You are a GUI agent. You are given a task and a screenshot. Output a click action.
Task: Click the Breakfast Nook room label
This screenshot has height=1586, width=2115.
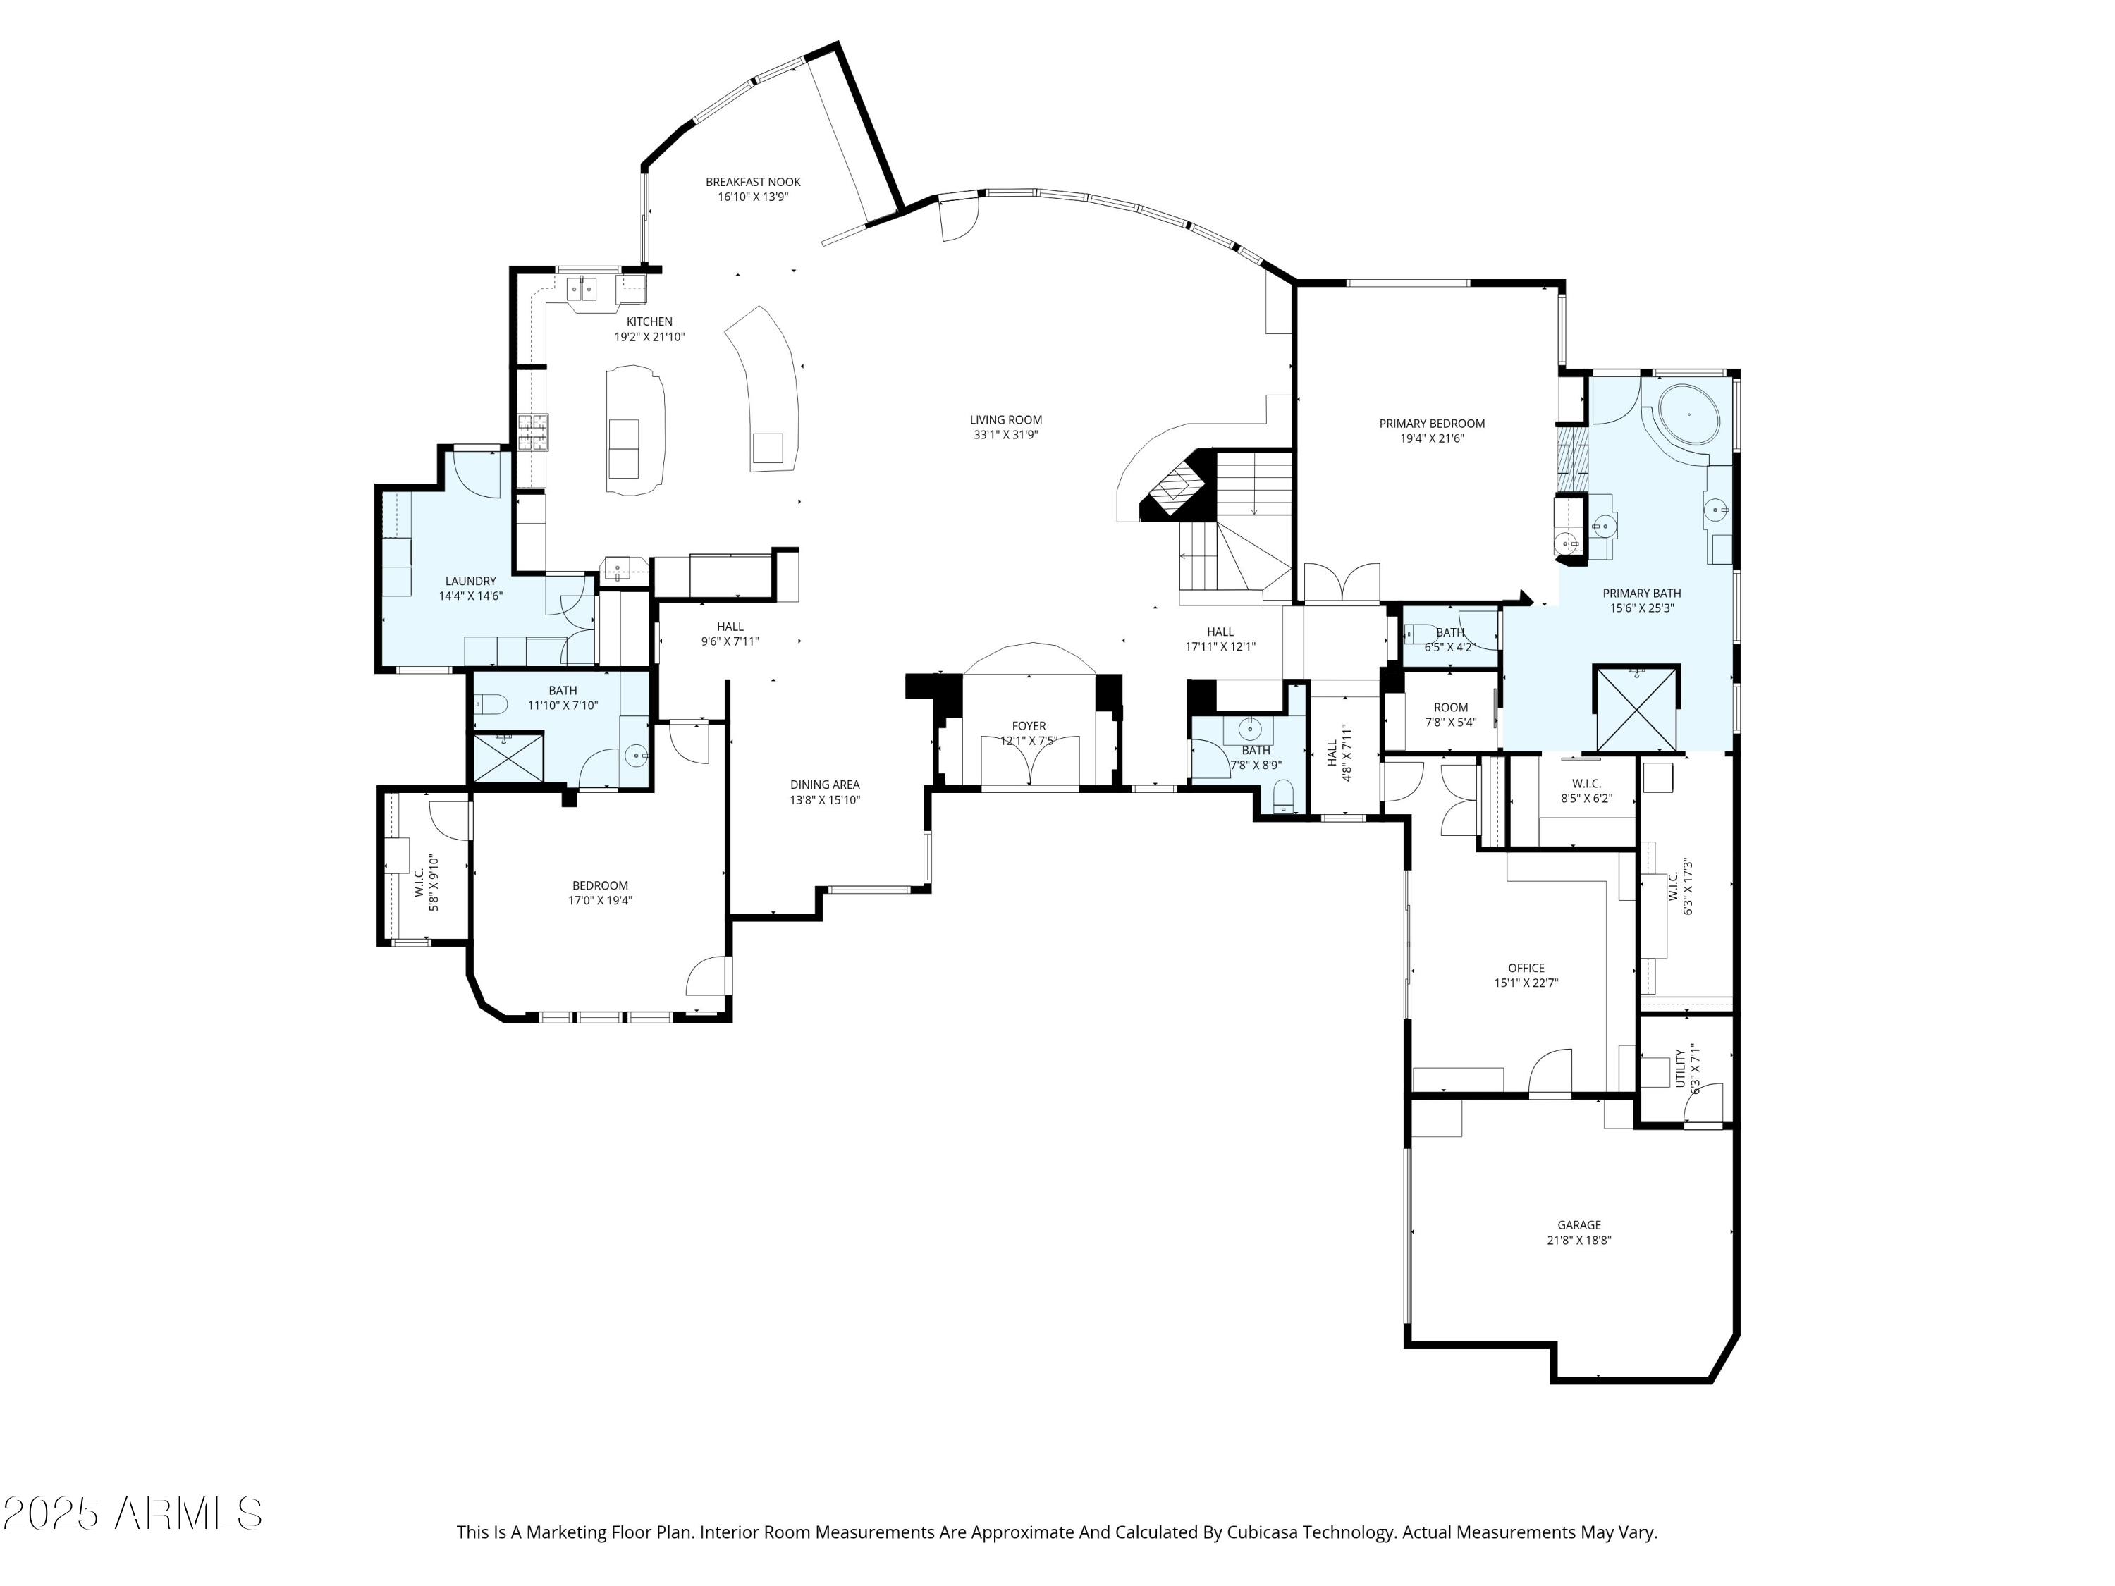(x=752, y=182)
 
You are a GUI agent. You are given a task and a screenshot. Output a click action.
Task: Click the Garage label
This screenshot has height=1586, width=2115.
(x=1578, y=1224)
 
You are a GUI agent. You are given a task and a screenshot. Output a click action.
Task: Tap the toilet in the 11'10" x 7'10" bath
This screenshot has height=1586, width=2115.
(x=491, y=706)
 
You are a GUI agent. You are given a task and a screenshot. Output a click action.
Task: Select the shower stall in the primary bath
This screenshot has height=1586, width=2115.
(x=1636, y=708)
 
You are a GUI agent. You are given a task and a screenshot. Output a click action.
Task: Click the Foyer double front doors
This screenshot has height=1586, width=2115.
(x=1030, y=761)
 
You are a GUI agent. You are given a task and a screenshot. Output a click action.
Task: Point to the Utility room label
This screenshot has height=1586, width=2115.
(x=1680, y=1068)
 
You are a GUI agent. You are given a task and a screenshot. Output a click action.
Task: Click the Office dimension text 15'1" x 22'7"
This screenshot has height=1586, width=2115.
(x=1526, y=983)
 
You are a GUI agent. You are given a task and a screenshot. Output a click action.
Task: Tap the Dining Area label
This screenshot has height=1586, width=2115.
(x=824, y=785)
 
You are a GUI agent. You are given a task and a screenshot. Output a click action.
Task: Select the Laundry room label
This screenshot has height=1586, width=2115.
(x=470, y=582)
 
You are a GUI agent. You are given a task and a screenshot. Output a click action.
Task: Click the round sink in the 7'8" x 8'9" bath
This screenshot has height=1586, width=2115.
(x=1250, y=730)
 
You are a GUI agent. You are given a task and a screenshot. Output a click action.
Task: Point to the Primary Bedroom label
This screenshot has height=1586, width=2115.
(x=1431, y=424)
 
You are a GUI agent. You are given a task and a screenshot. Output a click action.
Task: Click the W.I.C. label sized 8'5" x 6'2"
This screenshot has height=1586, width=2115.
(x=1586, y=784)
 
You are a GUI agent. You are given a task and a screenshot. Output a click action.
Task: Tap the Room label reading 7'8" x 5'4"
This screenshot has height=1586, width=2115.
(x=1450, y=708)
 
